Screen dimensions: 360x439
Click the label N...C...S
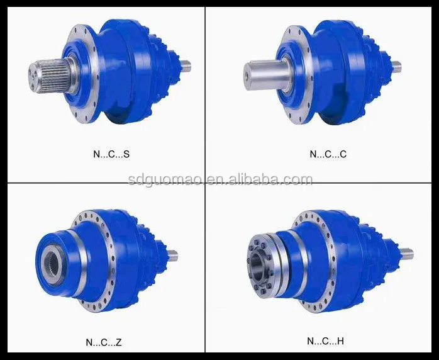(111, 154)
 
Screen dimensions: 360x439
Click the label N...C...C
(327, 154)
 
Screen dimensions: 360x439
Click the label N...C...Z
(103, 342)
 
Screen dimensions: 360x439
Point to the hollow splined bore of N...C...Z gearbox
(53, 262)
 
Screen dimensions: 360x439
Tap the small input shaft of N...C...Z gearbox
(172, 256)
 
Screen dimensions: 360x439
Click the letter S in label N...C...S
(127, 154)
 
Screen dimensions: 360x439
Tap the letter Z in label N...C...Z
(119, 342)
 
